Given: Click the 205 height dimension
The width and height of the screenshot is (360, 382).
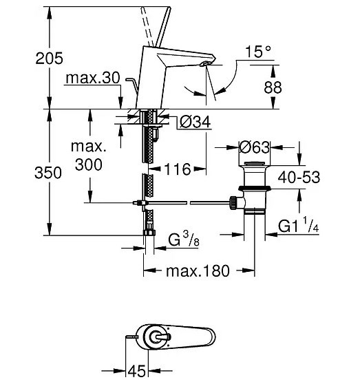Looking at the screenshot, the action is [49, 59].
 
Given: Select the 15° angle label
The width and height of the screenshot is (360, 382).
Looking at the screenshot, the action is [258, 52].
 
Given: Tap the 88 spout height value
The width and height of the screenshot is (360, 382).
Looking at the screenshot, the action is [273, 87].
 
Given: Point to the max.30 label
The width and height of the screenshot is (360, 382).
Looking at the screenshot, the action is [93, 78].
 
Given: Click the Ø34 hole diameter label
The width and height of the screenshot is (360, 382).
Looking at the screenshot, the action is [195, 122].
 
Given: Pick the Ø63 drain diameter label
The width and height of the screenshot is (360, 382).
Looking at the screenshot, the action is [254, 147].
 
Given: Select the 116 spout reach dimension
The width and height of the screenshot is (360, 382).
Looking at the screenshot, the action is [178, 169].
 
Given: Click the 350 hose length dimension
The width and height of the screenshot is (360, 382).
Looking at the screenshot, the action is [48, 173].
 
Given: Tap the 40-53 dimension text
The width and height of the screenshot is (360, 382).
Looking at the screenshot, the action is [299, 177].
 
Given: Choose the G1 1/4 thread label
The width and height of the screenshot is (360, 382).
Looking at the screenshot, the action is [298, 224].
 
